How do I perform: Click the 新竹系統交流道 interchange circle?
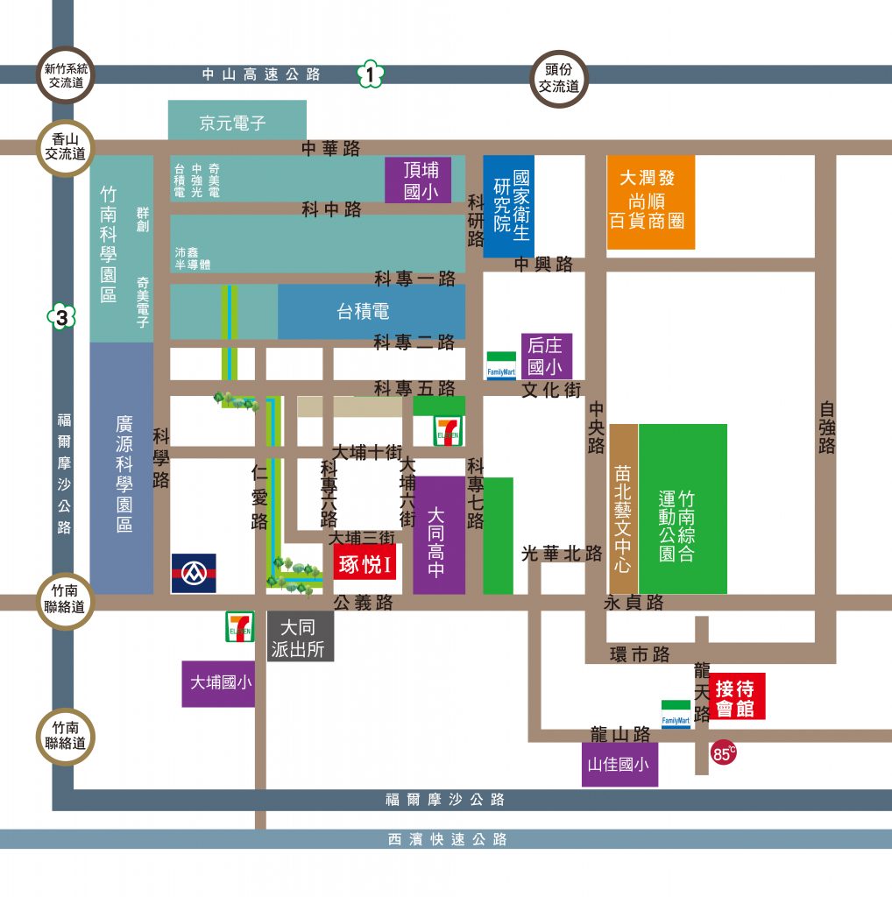65,75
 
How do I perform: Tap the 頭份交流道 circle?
559,79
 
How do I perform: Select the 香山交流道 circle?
65,147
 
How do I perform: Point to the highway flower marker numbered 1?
370,74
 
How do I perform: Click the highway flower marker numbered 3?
62,316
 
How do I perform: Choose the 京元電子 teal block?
237,119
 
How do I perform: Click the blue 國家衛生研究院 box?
509,206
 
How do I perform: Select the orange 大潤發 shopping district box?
650,202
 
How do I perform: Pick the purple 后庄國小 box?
547,356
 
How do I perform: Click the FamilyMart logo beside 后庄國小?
501,365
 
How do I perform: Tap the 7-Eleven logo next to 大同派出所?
240,626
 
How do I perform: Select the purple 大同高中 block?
439,535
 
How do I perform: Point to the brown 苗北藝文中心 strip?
623,509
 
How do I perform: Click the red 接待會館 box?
736,696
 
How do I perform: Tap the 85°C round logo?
723,752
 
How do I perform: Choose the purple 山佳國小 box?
619,764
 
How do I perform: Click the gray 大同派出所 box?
301,637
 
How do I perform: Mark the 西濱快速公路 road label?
448,839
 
